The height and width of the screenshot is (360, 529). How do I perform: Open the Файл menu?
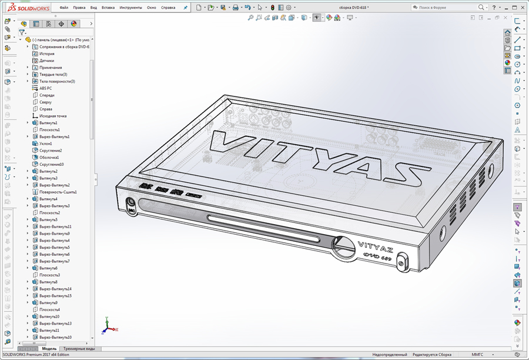(64, 8)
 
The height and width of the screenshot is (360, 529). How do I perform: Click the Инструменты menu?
(130, 8)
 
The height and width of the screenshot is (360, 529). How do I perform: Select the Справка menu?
(168, 8)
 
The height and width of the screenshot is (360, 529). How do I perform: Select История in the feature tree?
(46, 54)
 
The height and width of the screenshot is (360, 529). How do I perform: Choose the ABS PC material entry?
(45, 88)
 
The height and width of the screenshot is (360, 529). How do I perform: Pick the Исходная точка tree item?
(53, 116)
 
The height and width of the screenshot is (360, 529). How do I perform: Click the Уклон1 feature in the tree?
(45, 144)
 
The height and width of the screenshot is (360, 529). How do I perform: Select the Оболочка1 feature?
(49, 158)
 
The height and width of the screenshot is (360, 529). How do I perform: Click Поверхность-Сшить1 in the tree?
(58, 192)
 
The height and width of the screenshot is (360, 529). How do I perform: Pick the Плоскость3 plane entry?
(49, 275)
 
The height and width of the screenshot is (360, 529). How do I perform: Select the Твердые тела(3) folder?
(53, 75)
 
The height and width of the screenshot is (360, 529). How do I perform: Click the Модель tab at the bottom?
(49, 349)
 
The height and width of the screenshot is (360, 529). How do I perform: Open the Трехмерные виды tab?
(79, 349)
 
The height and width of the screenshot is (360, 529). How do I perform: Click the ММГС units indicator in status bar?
(477, 355)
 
